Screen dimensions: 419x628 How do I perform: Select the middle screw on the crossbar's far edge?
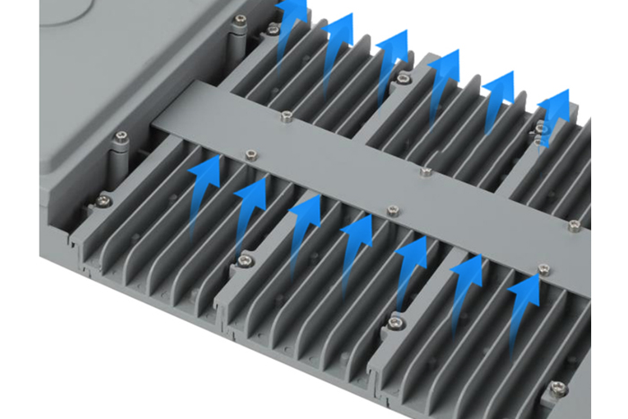pos(426,170)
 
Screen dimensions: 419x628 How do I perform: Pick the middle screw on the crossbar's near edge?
pos(390,211)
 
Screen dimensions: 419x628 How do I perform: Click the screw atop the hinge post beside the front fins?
pos(119,136)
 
